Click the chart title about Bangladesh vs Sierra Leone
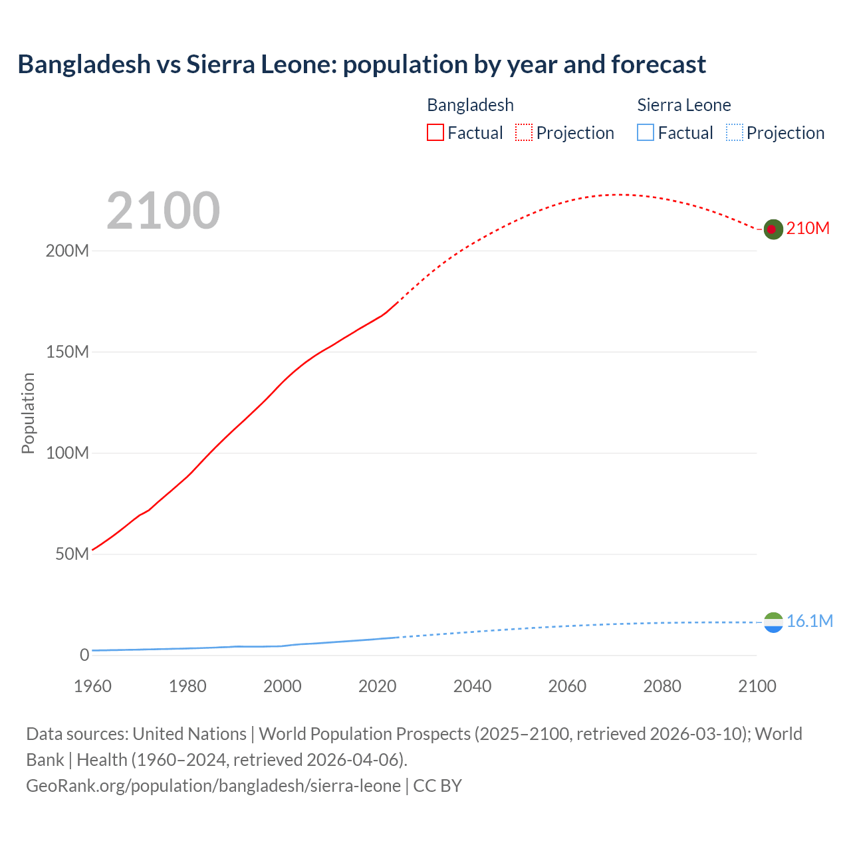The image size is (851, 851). point(362,64)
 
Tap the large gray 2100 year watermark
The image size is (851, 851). point(163,211)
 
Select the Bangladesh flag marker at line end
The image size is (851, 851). point(773,229)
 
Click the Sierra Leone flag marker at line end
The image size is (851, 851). point(773,622)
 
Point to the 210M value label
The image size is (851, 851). point(808,229)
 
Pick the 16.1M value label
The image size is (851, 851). point(809,622)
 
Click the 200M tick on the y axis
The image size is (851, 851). point(67,251)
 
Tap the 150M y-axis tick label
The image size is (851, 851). point(67,352)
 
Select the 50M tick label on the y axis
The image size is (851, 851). point(72,554)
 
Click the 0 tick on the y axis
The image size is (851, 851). point(84,656)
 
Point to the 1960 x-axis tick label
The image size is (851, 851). point(92,687)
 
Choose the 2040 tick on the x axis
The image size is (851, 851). point(472,687)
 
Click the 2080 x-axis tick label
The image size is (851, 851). point(662,687)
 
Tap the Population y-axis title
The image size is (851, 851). point(28,413)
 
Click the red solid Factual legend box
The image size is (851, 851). point(435,133)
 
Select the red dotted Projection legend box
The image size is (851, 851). point(524,133)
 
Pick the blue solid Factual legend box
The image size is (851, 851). point(646,133)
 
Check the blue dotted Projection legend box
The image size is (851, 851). point(734,133)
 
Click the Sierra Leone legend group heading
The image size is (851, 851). point(683,105)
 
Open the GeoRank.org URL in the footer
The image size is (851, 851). point(213,786)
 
